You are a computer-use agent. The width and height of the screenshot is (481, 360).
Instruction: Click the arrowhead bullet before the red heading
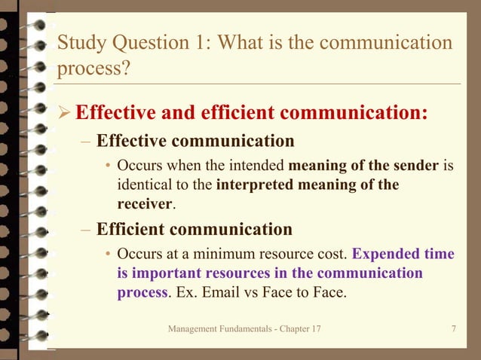pyautogui.click(x=65, y=114)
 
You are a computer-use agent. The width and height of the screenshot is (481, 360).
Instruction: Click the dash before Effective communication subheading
pyautogui.click(x=87, y=141)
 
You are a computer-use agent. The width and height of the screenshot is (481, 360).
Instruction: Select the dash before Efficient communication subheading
pyautogui.click(x=87, y=228)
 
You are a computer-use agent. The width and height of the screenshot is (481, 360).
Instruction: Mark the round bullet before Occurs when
pyautogui.click(x=109, y=166)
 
